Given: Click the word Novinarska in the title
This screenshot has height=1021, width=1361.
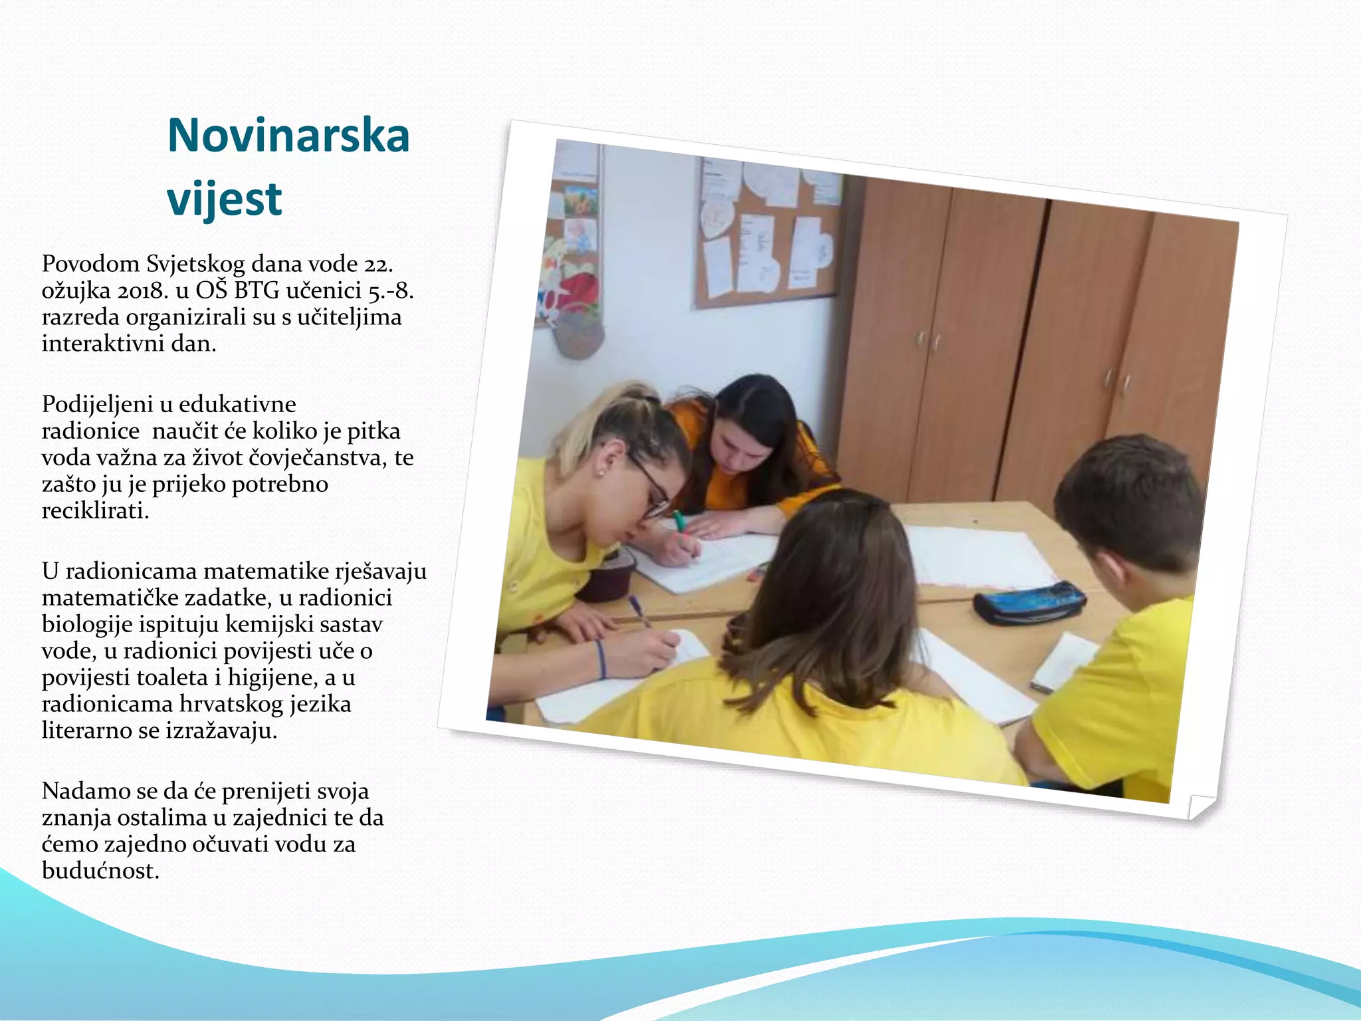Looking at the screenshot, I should (288, 136).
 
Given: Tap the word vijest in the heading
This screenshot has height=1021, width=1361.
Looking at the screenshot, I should (224, 199).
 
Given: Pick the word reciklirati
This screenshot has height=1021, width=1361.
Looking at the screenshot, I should (95, 510).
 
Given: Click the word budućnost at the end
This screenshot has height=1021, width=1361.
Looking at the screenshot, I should (100, 871).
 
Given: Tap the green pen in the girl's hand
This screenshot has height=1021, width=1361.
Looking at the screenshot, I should (679, 522).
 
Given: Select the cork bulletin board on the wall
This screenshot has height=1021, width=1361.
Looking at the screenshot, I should (768, 233).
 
